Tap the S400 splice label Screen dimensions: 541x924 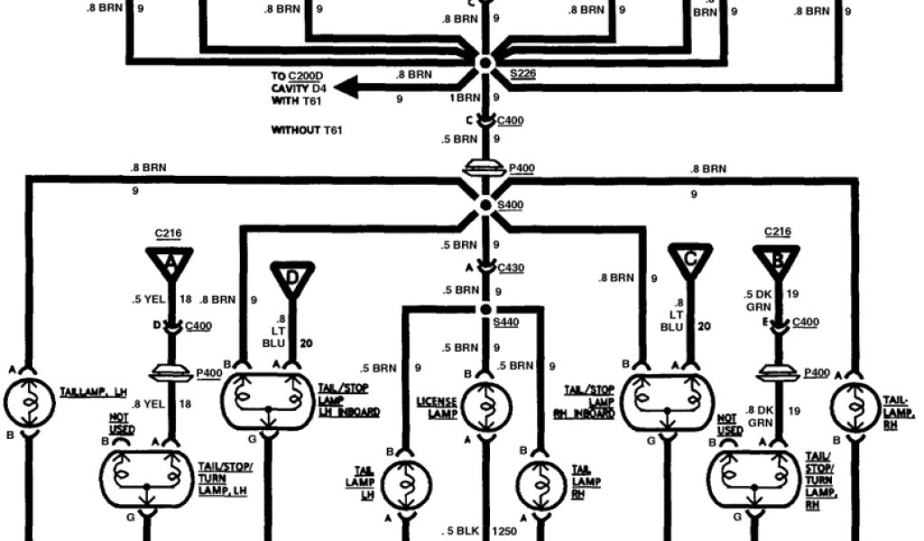click(x=511, y=206)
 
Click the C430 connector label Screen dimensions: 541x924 click(x=512, y=267)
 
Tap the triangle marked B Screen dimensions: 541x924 click(x=776, y=261)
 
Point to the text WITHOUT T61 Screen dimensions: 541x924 click(x=308, y=131)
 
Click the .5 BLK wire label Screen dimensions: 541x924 click(x=459, y=530)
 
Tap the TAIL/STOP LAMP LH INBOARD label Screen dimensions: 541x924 click(x=346, y=399)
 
